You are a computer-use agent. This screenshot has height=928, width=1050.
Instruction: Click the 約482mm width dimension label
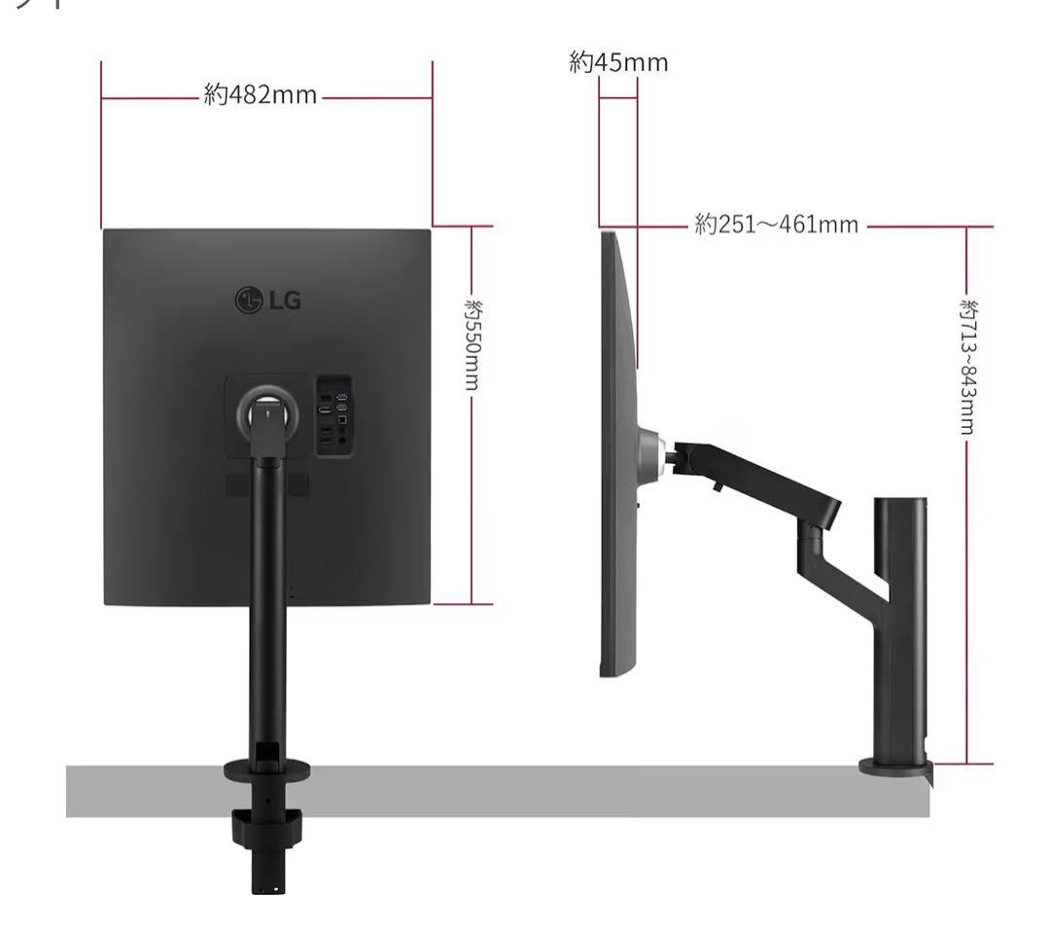click(261, 95)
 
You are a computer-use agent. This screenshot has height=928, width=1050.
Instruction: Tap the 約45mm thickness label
click(618, 62)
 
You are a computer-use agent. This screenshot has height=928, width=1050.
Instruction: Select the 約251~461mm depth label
click(777, 224)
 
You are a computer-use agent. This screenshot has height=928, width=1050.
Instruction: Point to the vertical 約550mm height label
click(472, 344)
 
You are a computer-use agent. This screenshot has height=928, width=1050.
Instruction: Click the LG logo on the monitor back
click(268, 300)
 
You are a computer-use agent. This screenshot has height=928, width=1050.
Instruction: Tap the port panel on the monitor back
click(333, 416)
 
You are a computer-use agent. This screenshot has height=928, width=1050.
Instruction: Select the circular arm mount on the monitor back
click(268, 411)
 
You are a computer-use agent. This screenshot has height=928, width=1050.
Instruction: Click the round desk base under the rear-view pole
click(267, 769)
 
